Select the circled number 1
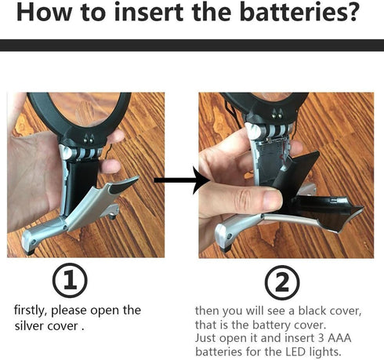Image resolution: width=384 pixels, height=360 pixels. (70, 280)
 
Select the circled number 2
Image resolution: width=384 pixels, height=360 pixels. (282, 282)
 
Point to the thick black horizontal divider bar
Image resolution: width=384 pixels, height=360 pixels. (192, 45)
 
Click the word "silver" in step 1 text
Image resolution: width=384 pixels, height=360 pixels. (29, 326)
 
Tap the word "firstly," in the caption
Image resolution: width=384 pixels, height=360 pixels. (31, 311)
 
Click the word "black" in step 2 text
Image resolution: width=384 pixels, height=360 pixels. (313, 311)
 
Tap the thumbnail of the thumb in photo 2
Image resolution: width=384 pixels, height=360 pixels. (272, 199)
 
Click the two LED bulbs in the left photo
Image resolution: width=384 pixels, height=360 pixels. (89, 139)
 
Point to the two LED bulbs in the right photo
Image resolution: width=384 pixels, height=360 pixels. (277, 114)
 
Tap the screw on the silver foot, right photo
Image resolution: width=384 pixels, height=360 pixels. (229, 237)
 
